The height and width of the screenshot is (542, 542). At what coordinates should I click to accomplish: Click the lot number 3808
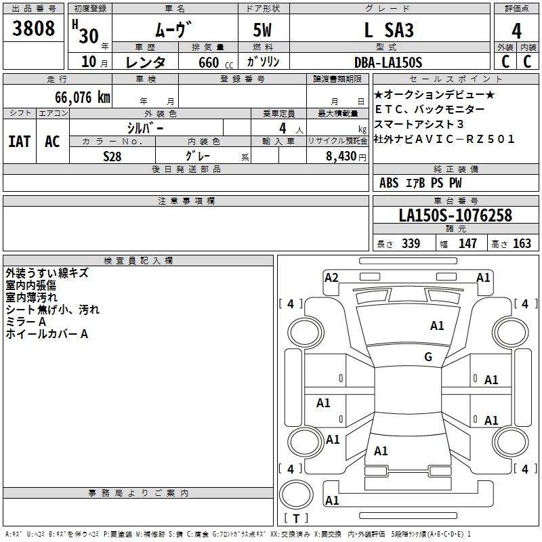[33, 28]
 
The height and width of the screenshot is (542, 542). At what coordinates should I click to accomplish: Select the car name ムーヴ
[173, 29]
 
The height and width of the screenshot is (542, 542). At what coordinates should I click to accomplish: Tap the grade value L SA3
[388, 30]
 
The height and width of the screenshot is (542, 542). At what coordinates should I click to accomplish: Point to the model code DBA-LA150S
[388, 62]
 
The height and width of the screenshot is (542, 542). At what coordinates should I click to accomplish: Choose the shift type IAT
[20, 142]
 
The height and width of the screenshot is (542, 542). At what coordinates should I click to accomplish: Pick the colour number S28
[112, 156]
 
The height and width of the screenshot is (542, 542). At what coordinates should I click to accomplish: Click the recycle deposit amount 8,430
[336, 156]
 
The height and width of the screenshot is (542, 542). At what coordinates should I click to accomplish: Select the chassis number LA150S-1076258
[455, 216]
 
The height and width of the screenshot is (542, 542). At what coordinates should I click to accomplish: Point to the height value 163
[522, 244]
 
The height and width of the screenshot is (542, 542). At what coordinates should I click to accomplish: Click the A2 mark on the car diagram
[331, 277]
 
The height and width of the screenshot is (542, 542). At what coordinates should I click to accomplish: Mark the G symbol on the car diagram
[428, 357]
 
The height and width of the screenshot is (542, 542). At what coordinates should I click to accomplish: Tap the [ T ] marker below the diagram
[296, 518]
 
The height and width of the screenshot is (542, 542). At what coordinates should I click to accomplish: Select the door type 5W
[264, 30]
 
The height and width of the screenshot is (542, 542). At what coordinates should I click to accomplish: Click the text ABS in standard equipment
[389, 183]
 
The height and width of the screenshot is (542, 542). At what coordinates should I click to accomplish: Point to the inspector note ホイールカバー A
[47, 334]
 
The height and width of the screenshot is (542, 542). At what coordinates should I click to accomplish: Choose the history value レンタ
[145, 62]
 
